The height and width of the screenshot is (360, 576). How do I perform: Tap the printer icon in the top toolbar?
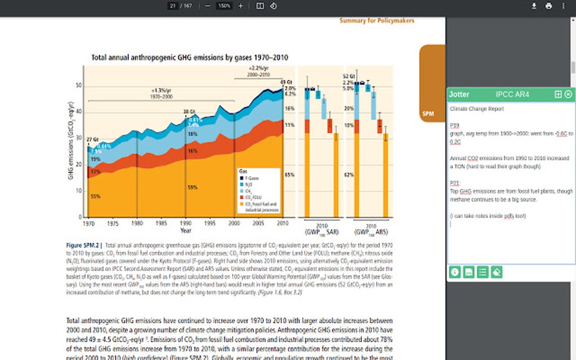548,6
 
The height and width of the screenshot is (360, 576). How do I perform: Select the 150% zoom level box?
224,6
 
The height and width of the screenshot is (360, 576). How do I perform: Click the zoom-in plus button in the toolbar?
241,6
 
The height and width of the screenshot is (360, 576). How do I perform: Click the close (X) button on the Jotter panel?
568,94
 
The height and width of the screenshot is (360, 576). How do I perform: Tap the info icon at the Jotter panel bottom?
455,272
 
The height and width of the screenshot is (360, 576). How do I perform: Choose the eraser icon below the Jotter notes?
496,272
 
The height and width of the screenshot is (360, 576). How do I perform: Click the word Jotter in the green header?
459,94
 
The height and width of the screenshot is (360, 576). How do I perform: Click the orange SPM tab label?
427,114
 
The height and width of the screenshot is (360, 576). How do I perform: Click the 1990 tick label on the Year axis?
185,223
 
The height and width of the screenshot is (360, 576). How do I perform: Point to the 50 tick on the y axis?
78,86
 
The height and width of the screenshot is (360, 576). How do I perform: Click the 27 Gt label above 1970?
91,139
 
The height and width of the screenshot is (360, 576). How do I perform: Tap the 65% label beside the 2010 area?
289,175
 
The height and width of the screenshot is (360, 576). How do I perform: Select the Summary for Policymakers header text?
377,20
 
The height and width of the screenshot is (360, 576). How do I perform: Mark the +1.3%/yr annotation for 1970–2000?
160,91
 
